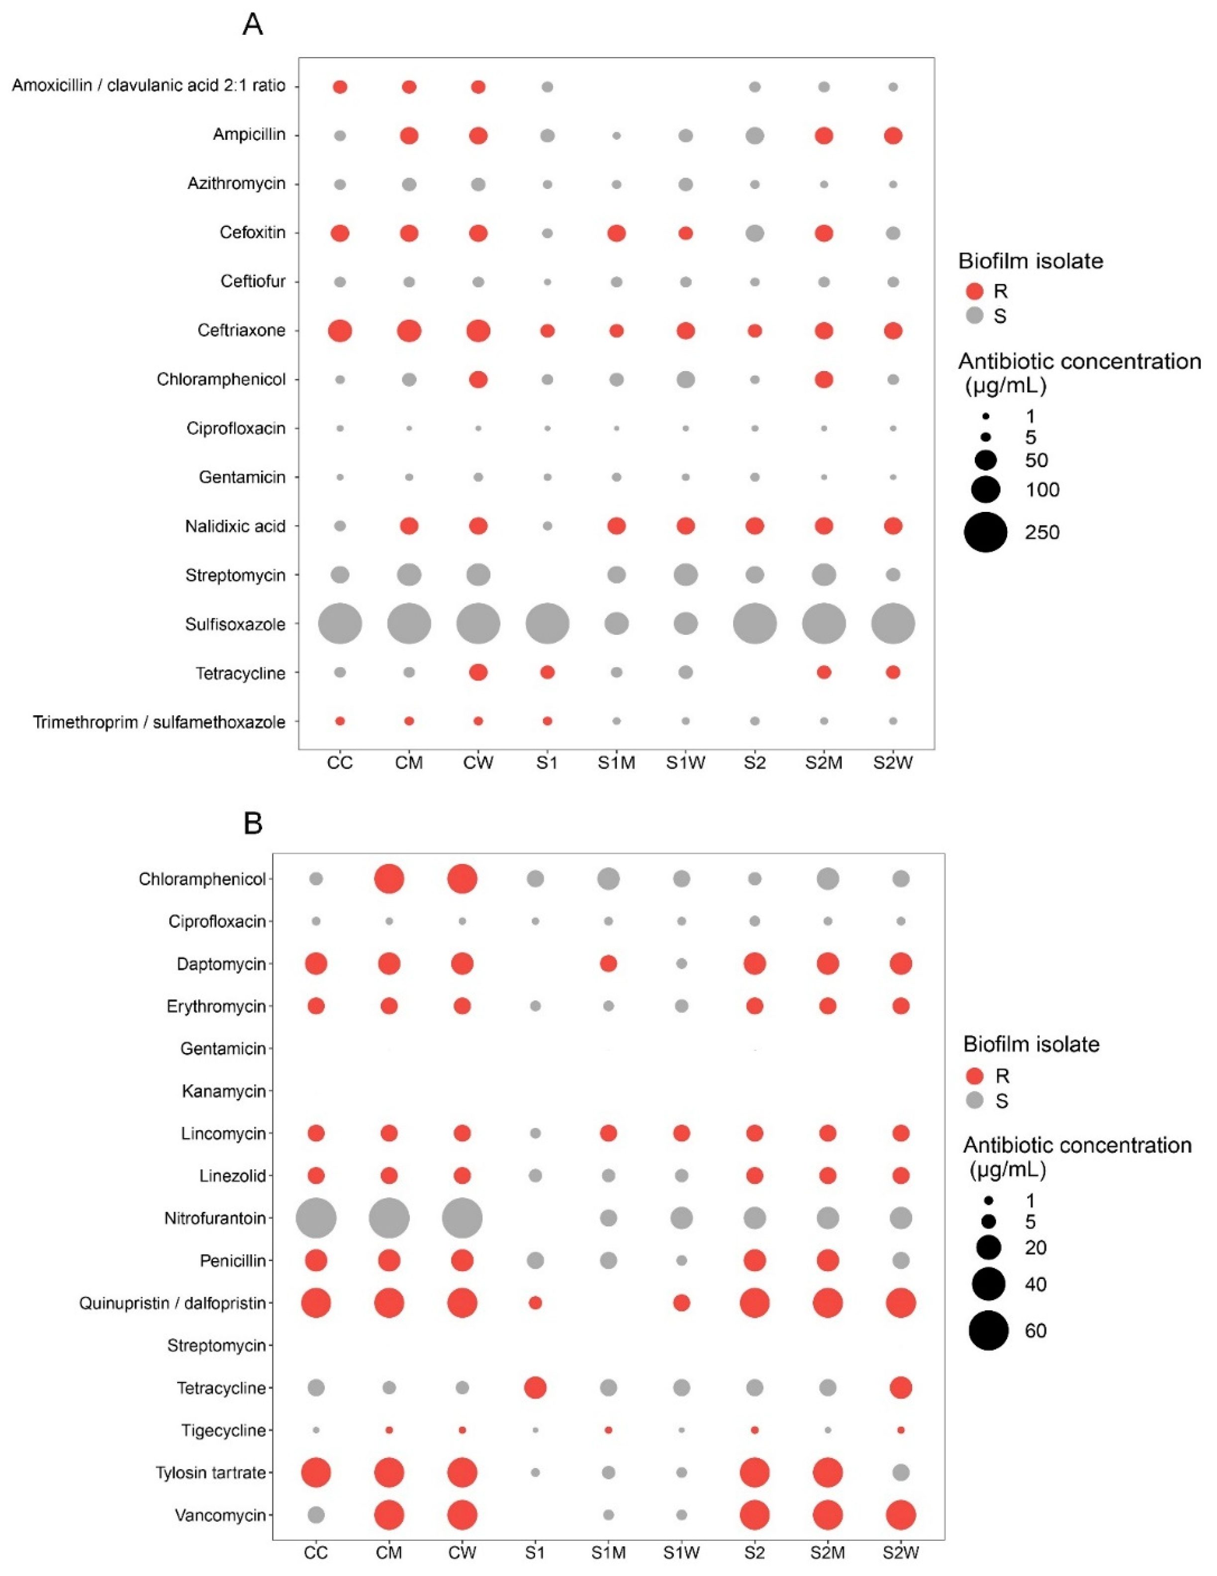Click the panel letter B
click(x=253, y=823)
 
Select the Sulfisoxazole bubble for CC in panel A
click(x=340, y=623)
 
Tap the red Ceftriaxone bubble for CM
click(x=409, y=330)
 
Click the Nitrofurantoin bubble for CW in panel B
click(x=463, y=1218)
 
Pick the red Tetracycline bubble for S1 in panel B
click(x=535, y=1387)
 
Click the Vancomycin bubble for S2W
click(x=900, y=1515)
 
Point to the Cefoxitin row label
click(x=253, y=232)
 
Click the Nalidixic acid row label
click(x=235, y=526)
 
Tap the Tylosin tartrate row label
click(x=211, y=1472)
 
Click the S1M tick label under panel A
click(x=616, y=763)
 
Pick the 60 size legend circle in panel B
click(x=988, y=1330)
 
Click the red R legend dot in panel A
click(x=975, y=292)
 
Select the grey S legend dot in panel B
click(x=975, y=1100)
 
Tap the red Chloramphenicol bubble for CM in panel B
click(x=389, y=879)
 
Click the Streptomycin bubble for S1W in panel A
click(x=685, y=575)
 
